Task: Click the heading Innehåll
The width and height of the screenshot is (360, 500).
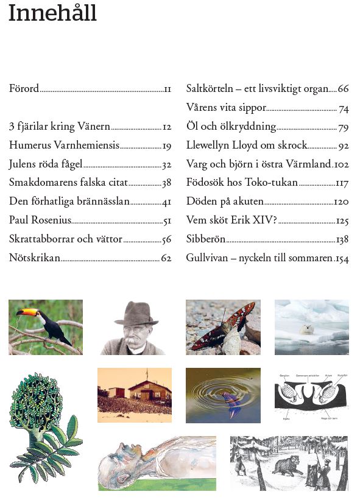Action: (x=52, y=13)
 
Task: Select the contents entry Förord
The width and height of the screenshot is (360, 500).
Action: (x=24, y=89)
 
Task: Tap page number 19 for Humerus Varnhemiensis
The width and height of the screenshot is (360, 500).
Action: (x=166, y=146)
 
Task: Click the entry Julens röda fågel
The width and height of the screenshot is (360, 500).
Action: (x=46, y=164)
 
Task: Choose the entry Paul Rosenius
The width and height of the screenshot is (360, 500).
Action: (x=40, y=220)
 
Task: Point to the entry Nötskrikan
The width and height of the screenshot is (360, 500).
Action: (x=35, y=258)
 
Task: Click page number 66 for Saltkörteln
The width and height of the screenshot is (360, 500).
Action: (x=343, y=89)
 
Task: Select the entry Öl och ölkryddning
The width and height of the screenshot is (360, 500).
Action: (x=231, y=127)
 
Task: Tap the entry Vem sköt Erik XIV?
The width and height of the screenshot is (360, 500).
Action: (x=231, y=220)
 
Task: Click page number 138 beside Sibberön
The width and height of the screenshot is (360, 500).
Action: (x=342, y=240)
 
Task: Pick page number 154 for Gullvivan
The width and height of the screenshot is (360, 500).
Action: (x=342, y=259)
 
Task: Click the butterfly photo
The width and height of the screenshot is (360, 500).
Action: (x=223, y=327)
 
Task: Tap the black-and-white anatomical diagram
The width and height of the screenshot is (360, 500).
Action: (x=311, y=396)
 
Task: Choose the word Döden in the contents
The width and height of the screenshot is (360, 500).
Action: (x=202, y=202)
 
